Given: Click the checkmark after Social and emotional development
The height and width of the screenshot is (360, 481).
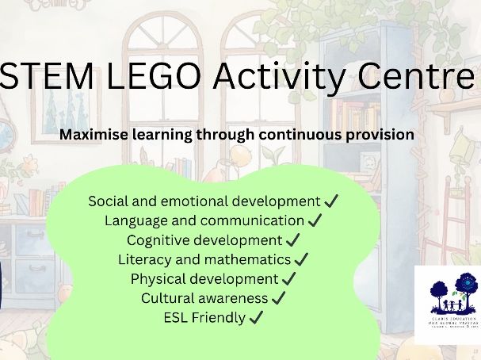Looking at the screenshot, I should [331, 201].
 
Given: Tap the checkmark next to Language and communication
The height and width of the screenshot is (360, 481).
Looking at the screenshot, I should [315, 221].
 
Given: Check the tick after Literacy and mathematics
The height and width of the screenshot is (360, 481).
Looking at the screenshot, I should [301, 259].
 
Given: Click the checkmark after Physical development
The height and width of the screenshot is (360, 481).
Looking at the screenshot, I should [288, 279].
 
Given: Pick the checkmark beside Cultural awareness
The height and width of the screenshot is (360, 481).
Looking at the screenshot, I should [278, 298].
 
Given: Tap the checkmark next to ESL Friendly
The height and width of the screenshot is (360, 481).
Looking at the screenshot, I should [255, 318].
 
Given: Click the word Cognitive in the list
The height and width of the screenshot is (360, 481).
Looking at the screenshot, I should [157, 240].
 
